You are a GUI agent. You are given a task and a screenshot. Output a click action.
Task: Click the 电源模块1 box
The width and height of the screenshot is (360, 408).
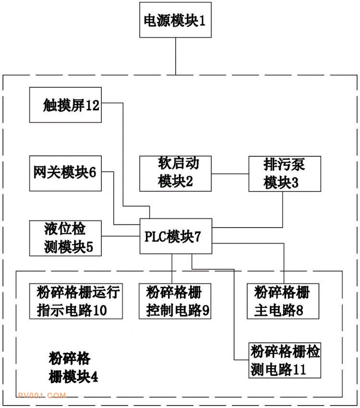[176, 20]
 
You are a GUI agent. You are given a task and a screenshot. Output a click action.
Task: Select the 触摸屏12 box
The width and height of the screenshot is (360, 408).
[65, 105]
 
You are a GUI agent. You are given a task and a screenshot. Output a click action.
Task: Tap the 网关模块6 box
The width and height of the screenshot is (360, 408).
[65, 173]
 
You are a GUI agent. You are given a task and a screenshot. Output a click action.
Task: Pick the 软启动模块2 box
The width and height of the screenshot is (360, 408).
[176, 173]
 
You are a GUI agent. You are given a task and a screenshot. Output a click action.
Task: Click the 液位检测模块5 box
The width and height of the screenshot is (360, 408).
[65, 237]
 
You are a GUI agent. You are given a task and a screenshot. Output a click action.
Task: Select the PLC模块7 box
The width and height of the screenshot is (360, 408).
[176, 237]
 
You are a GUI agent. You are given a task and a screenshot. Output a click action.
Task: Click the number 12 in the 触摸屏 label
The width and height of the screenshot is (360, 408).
[93, 105]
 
